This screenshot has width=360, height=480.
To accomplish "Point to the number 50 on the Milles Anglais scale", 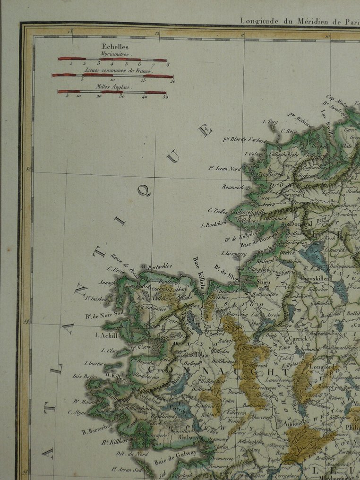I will (164, 97).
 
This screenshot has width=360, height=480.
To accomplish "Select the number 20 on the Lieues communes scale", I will (172, 81).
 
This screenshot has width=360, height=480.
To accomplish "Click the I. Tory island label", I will (270, 121).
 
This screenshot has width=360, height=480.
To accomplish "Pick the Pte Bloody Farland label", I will (245, 140).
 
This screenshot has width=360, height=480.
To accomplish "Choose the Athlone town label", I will (295, 424).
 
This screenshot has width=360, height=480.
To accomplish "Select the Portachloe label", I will (160, 266).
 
